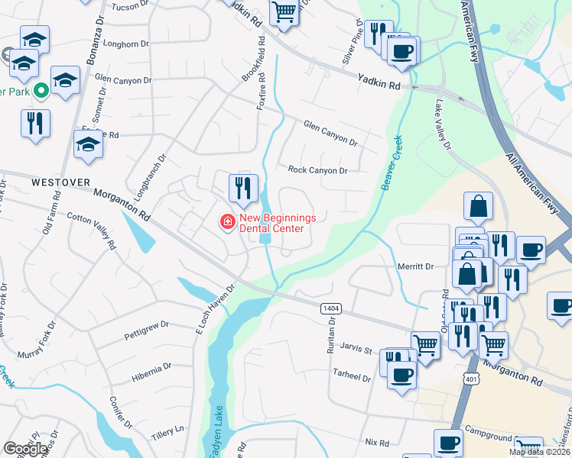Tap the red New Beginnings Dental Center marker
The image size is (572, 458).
(x=227, y=222)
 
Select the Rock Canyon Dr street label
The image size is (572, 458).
(x=317, y=170)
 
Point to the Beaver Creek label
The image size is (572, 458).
(x=392, y=163)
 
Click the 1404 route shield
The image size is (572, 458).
(x=331, y=306)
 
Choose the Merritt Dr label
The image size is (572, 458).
(x=416, y=266)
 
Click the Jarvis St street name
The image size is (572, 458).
(x=356, y=351)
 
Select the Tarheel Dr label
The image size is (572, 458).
(x=353, y=377)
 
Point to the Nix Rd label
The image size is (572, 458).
(x=377, y=442)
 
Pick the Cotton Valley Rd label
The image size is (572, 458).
(x=93, y=230)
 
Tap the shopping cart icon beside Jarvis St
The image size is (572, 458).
(x=425, y=343)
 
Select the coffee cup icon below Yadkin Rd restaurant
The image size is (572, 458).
(x=401, y=52)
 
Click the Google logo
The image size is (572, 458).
(x=25, y=449)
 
